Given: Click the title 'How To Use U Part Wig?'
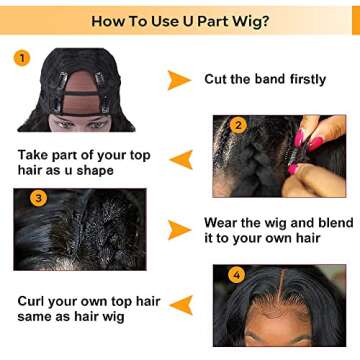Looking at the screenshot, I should point(180,20).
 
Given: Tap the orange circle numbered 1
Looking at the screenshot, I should point(22,58).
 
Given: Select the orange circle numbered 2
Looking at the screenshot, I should point(238,126).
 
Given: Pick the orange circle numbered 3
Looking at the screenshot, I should point(38,198).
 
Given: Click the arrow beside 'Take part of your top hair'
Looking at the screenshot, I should point(181,159).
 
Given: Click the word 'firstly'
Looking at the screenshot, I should point(299,79).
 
